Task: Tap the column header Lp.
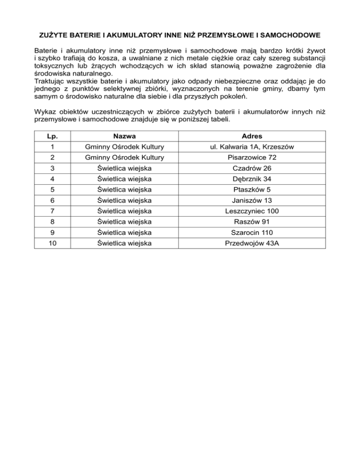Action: point(52,136)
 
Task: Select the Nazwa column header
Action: point(124,136)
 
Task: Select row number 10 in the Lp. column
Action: point(52,243)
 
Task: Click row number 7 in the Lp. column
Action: point(52,211)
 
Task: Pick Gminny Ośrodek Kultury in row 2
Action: point(124,158)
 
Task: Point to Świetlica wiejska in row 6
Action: point(124,201)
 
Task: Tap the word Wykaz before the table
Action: point(45,112)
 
